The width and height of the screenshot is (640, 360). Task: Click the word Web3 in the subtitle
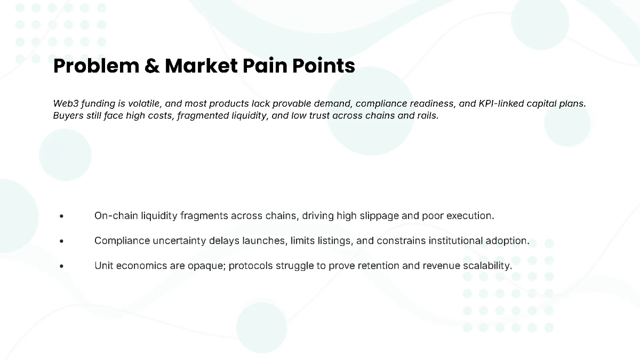coord(66,103)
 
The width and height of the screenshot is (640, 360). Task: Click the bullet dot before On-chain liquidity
coord(62,217)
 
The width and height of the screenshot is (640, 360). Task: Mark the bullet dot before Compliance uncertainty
coord(62,241)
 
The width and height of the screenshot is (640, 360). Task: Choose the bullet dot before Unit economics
coord(62,266)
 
